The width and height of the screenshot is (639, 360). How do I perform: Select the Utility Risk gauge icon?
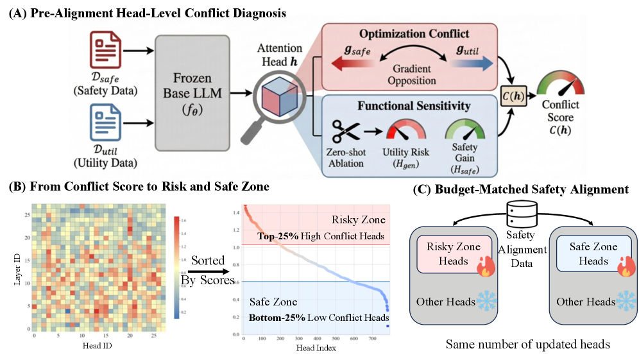click(405, 132)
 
